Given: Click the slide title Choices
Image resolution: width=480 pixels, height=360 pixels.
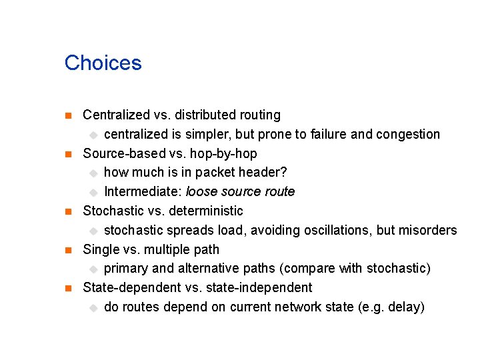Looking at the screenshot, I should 103,63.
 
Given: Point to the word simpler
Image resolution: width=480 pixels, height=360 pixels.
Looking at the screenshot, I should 209,135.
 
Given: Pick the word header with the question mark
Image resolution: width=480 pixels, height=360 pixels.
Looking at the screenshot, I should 265,173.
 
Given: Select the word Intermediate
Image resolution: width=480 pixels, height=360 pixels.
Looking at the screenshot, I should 142,192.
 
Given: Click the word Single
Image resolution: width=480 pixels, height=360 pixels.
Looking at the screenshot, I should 100,250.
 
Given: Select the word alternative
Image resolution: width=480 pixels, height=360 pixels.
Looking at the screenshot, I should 205,269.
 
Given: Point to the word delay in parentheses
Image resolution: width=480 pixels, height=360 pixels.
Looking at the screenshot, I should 405,307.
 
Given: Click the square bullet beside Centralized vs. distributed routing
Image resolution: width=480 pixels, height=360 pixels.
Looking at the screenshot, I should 67,116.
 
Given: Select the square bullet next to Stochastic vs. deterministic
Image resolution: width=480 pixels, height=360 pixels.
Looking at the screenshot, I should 67,212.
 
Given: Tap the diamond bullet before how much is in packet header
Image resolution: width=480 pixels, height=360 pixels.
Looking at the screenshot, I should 93,173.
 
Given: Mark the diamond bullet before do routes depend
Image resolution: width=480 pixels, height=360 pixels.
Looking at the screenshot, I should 93,308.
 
